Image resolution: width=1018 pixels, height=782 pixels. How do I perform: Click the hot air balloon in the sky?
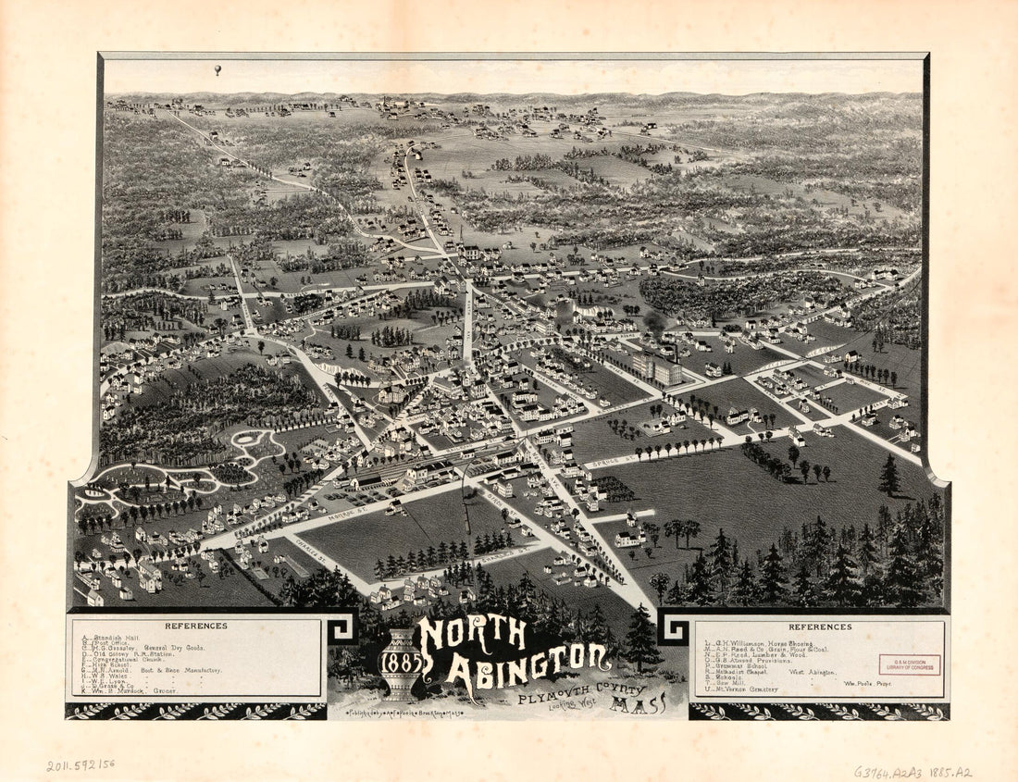[217, 69]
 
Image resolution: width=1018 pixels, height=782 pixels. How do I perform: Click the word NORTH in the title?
[472, 634]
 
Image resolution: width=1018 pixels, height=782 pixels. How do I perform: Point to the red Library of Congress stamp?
[909, 664]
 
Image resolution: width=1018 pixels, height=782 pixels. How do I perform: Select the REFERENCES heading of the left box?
[195, 626]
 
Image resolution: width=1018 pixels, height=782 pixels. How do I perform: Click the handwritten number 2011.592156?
[82, 765]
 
